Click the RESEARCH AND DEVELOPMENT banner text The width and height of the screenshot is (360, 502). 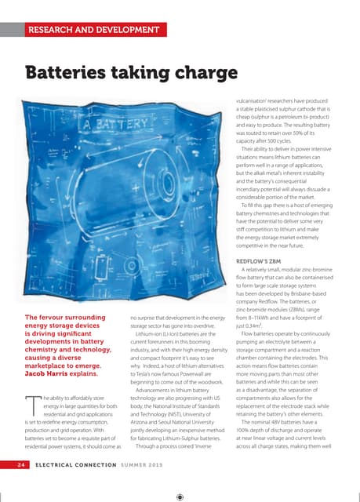click(93, 31)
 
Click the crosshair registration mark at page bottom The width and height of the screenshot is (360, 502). click(180, 496)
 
